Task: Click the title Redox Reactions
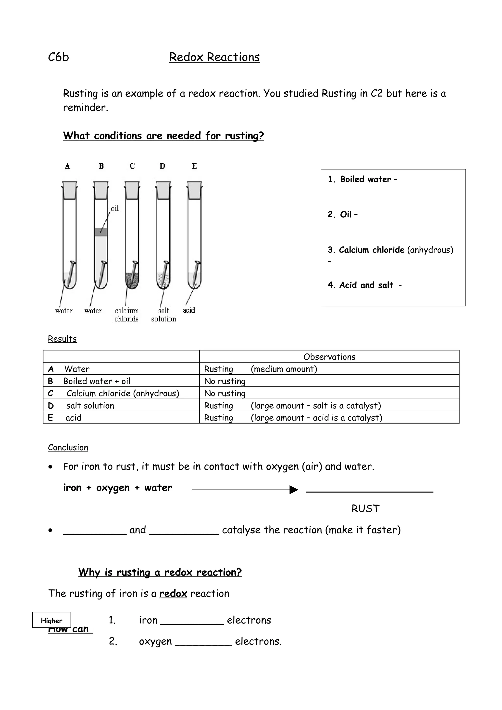pos(214,57)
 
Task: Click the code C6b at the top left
pos(58,57)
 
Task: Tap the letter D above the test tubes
pos(162,166)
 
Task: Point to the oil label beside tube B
pos(115,209)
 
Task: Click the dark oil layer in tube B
pos(101,232)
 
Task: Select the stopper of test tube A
pos(70,190)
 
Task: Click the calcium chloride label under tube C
pos(127,315)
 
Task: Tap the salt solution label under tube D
pos(164,315)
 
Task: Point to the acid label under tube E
pos(189,310)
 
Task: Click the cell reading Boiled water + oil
pos(97,381)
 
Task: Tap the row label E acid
pos(65,418)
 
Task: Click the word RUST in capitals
pos(365,509)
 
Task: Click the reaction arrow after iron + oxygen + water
pos(245,490)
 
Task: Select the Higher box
pos(52,621)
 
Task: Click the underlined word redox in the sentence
pos(173,594)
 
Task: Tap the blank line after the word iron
pos(192,624)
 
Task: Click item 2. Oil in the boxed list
pos(343,215)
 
